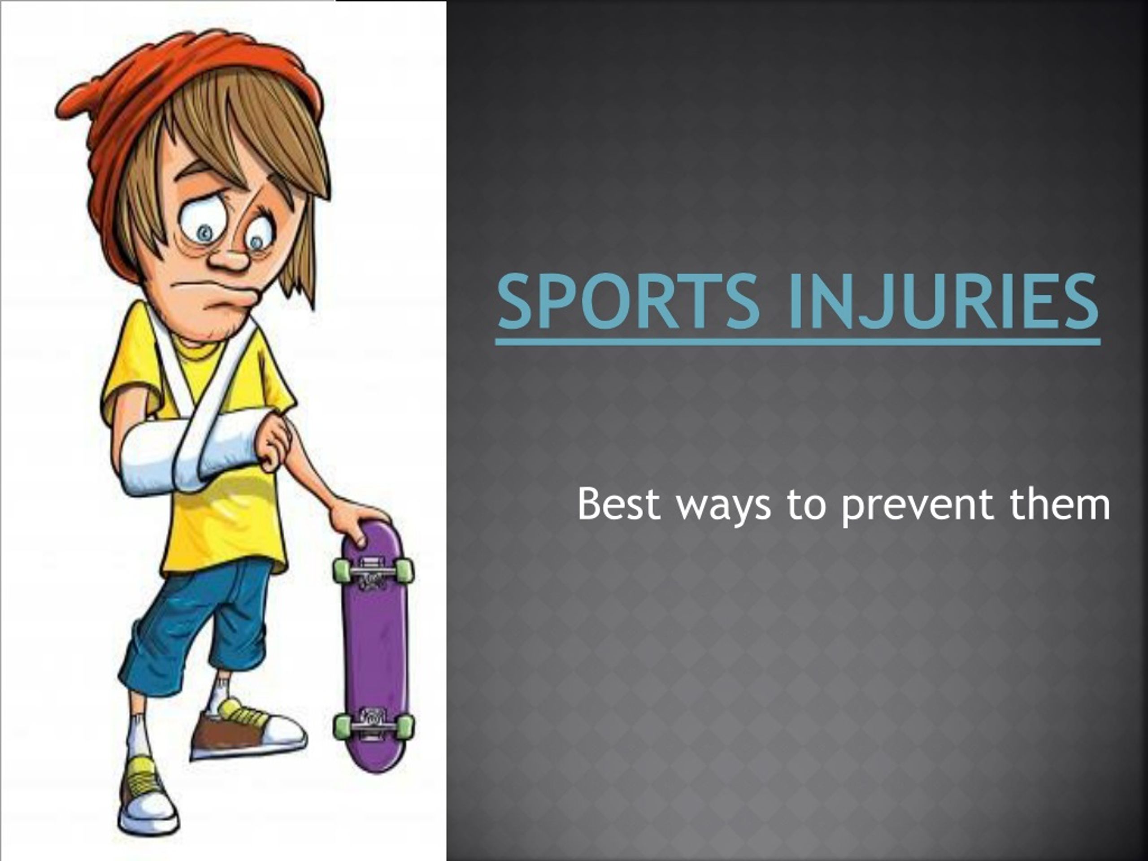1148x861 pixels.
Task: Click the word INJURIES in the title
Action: [x=943, y=303]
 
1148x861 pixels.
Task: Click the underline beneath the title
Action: [x=798, y=342]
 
